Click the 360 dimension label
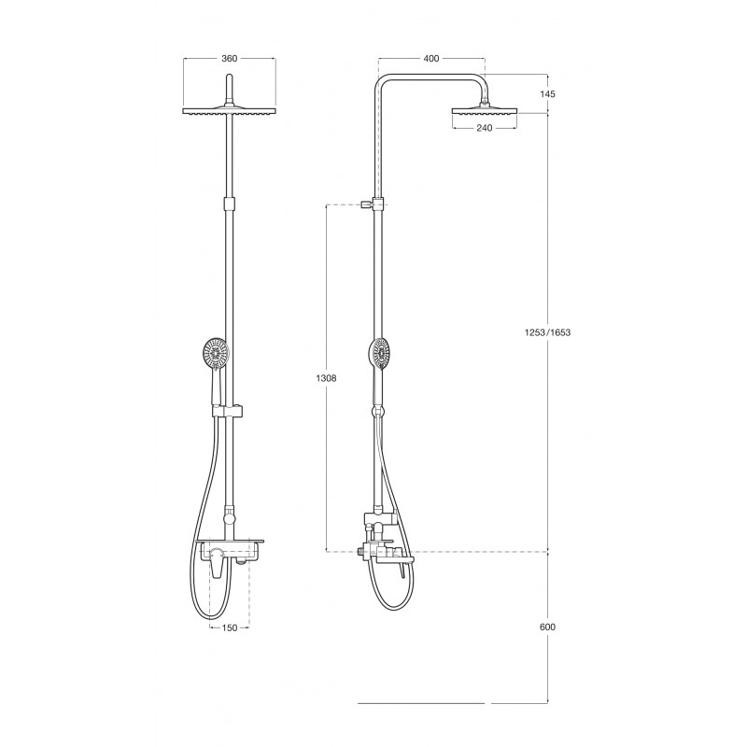point(229,59)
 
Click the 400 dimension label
point(431,59)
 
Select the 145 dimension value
point(547,94)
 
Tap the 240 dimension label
point(485,128)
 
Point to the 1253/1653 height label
point(547,332)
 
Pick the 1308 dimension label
point(326,378)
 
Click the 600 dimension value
point(547,627)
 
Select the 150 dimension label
point(230,627)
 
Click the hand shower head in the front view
point(216,354)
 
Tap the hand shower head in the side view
point(380,354)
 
